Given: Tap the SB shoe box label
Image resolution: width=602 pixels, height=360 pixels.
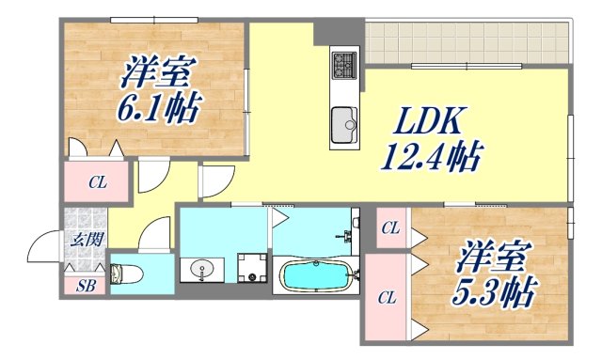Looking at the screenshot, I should (85, 285).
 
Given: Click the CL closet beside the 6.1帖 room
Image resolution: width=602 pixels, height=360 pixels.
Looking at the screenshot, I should (98, 183).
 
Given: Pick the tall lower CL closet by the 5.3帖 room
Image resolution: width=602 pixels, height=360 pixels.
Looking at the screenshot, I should (386, 297).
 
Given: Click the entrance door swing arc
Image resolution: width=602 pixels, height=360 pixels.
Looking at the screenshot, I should (44, 249).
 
